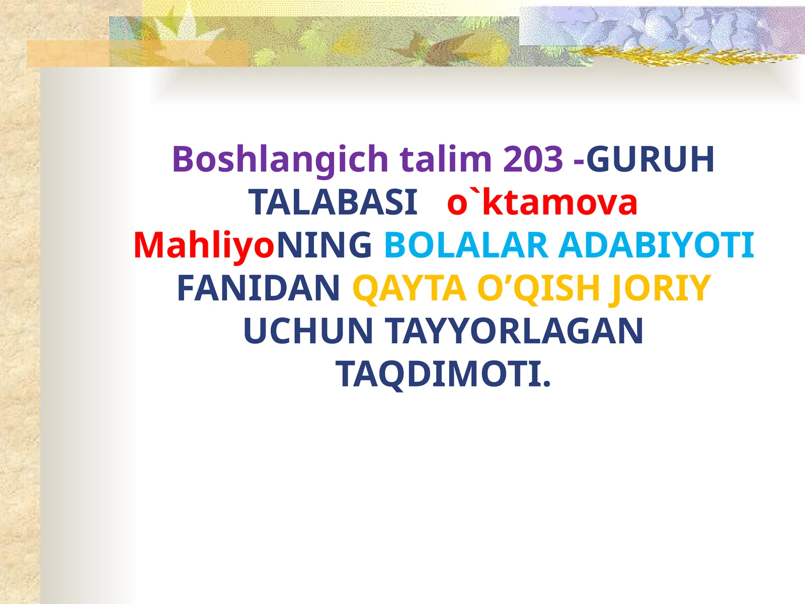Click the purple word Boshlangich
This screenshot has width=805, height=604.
point(280,160)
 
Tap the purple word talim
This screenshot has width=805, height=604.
point(446,159)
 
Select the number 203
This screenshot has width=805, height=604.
point(533,159)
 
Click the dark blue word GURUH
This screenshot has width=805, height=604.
point(650,159)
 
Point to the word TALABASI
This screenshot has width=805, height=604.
point(333,202)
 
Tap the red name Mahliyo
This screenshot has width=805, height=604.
point(204,246)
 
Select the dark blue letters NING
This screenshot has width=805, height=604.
point(324,245)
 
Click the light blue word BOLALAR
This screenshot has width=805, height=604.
point(466,245)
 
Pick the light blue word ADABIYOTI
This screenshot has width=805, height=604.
point(657,245)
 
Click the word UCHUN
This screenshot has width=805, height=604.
point(308,331)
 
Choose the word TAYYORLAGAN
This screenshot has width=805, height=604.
point(515,331)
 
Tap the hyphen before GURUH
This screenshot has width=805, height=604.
point(579,162)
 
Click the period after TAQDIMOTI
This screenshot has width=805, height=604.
point(546,384)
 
